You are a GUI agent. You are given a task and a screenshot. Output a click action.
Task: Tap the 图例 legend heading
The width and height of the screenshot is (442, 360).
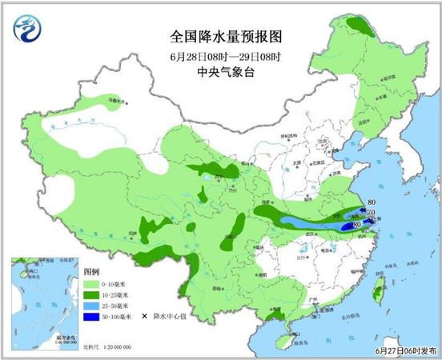pyautogui.click(x=93, y=273)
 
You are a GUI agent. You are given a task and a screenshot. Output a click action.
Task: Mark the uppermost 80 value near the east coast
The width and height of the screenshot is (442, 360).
pyautogui.click(x=370, y=203)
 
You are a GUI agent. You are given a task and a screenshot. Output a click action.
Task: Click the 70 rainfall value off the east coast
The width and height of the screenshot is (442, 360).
pyautogui.click(x=372, y=214)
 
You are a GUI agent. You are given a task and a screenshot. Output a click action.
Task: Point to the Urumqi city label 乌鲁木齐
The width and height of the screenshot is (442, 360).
pyautogui.click(x=118, y=102)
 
